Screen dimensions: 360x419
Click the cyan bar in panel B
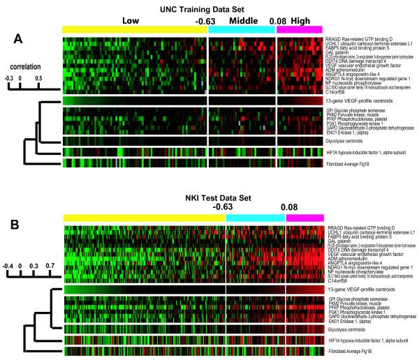tap(256, 218)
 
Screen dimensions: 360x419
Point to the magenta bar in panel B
tap(304, 218)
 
